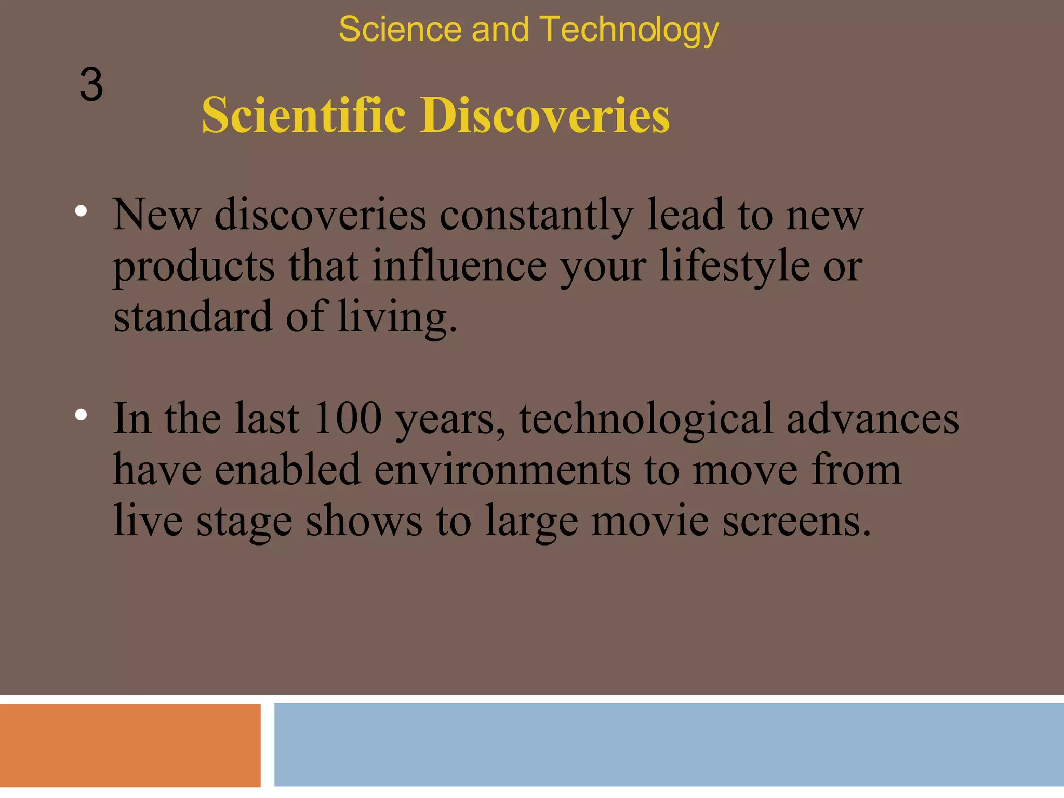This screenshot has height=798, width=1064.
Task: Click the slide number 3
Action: [91, 85]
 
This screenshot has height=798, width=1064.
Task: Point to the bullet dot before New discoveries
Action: [81, 211]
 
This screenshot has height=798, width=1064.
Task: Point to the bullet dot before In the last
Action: [81, 415]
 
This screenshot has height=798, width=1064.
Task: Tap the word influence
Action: [459, 267]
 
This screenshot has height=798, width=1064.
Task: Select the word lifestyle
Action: [735, 267]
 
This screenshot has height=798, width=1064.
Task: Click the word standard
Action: [193, 317]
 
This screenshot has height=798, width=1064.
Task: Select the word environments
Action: [502, 470]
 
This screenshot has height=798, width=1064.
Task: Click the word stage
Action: [244, 522]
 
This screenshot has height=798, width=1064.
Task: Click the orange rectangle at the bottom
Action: [130, 745]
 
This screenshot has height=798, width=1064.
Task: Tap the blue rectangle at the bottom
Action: [669, 744]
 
